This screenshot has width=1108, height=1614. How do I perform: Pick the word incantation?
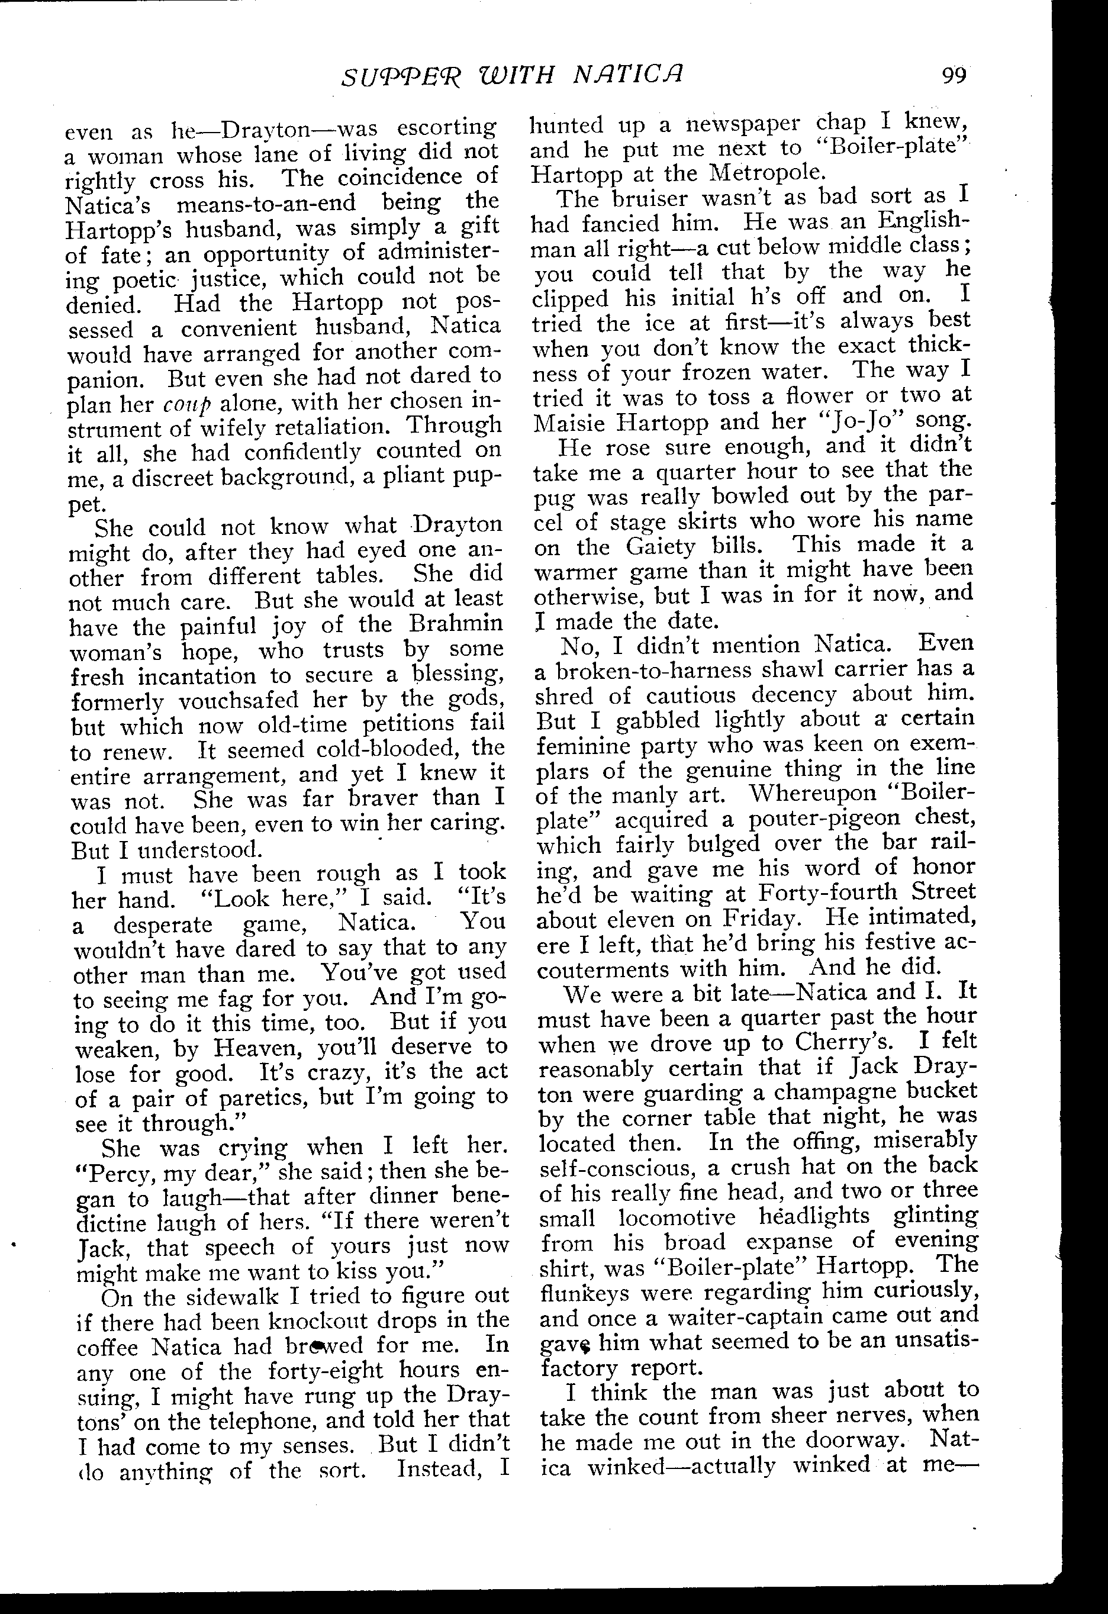point(197,676)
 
